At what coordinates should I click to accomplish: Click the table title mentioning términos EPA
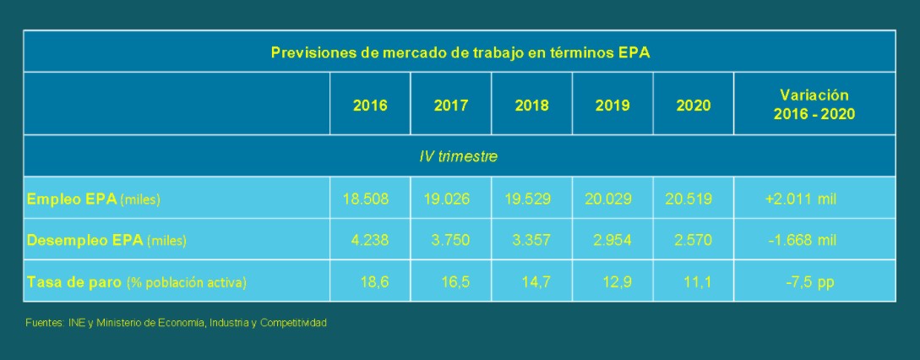coord(460,52)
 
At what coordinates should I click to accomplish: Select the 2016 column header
coord(370,106)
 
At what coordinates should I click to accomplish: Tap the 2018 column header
coord(531,106)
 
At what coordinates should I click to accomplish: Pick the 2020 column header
coord(694,106)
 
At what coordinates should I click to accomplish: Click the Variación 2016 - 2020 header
coord(814,105)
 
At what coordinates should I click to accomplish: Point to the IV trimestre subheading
coord(459,156)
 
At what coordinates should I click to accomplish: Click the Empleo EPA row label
coord(94,199)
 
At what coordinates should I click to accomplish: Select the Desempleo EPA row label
coord(106,241)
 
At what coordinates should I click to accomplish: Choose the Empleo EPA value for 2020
coord(689,199)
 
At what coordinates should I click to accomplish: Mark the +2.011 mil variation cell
coord(800,199)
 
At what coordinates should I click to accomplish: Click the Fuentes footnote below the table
coord(176,324)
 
